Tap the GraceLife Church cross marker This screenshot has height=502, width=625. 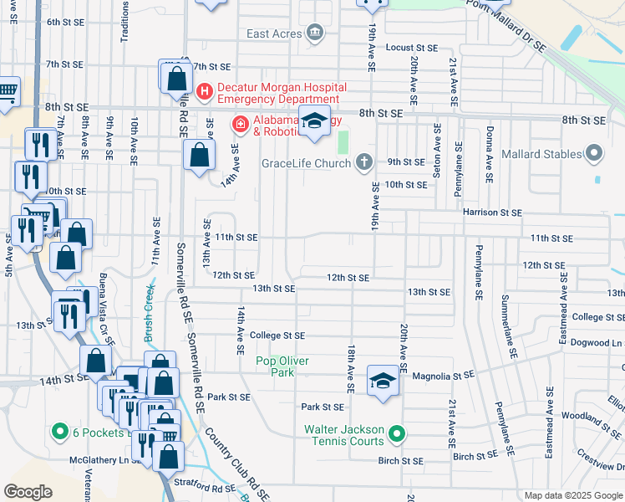click(363, 161)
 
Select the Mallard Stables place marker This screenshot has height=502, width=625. click(594, 154)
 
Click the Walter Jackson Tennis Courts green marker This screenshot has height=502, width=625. click(397, 434)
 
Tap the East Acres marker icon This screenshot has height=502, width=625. click(315, 33)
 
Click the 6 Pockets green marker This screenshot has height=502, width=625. click(59, 432)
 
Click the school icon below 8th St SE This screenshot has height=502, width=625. click(315, 122)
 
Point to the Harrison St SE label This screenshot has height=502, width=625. click(493, 213)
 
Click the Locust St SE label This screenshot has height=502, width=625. click(412, 48)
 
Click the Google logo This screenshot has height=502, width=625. click(28, 492)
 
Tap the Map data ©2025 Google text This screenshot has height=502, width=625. click(572, 495)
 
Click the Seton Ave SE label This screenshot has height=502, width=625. click(436, 151)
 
